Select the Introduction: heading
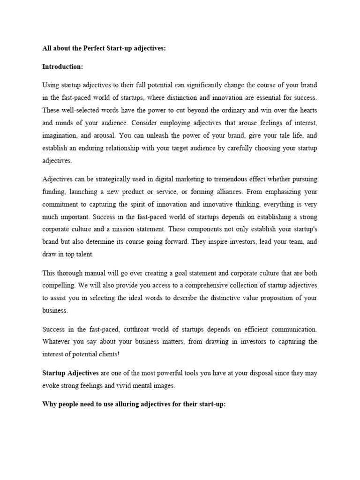click(x=63, y=67)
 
